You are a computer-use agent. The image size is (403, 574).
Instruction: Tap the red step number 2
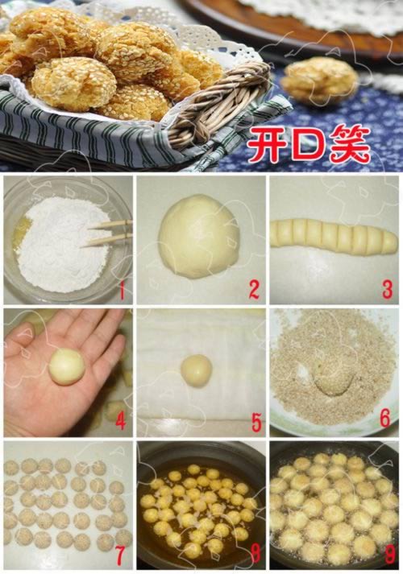point(254,290)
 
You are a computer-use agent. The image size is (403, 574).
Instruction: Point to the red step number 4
point(121,421)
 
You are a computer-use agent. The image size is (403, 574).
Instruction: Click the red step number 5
point(256,422)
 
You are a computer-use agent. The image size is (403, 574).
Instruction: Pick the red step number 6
point(385,419)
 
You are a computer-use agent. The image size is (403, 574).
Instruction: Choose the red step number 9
point(390,555)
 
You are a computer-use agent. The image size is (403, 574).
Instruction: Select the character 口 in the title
point(306,144)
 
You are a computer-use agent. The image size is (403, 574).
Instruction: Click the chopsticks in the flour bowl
point(107,233)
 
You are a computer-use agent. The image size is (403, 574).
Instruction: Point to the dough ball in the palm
point(67,366)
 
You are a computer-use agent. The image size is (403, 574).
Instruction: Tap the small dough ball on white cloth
point(197,370)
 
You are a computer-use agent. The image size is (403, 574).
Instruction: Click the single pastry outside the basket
point(319,80)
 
